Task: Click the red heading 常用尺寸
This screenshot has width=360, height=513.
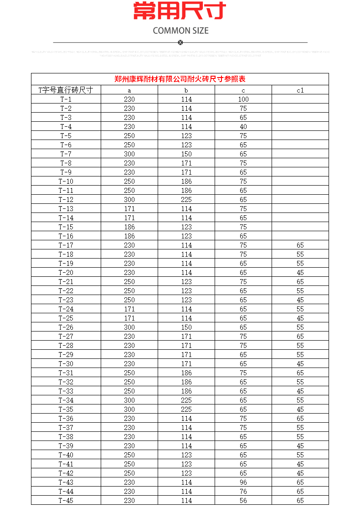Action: click(180, 11)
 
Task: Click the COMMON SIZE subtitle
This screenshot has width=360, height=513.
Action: click(180, 31)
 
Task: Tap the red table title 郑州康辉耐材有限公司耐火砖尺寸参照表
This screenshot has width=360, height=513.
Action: click(180, 79)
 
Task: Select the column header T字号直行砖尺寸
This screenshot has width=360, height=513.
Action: click(66, 90)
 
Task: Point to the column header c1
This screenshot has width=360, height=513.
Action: click(300, 90)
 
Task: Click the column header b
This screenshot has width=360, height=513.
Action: click(186, 90)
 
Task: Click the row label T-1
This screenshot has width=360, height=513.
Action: click(66, 99)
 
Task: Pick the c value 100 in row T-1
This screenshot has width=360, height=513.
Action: click(243, 99)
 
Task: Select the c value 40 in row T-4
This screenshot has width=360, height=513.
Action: click(243, 126)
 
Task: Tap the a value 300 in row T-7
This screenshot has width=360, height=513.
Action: click(129, 154)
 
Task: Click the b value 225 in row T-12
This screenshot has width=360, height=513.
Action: click(186, 199)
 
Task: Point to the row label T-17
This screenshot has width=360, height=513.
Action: click(66, 245)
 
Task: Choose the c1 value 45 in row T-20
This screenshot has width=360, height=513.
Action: click(300, 272)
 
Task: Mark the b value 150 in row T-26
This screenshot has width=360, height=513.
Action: click(186, 327)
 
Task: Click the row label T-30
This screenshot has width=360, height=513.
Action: click(66, 363)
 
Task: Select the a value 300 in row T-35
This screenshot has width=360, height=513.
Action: click(129, 409)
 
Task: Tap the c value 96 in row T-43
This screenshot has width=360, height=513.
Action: click(243, 482)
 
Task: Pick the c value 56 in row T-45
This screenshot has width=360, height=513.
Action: click(243, 500)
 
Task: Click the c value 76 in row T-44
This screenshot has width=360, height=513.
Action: click(243, 491)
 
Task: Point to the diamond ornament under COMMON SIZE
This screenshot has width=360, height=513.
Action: click(180, 42)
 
